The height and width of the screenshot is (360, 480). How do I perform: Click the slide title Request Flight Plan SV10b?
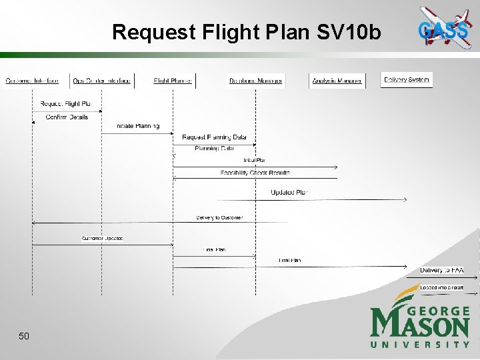[247, 31]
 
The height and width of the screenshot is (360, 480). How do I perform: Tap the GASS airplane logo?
[443, 27]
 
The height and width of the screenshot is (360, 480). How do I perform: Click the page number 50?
[24, 336]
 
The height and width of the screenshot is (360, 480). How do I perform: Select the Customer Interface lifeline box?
[32, 81]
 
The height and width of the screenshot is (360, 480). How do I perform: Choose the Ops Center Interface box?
[101, 81]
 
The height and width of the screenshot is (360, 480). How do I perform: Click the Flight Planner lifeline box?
[173, 81]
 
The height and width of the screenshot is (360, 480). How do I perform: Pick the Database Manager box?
[255, 81]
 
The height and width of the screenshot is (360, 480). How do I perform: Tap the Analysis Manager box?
[337, 81]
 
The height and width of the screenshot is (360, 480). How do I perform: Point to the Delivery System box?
[407, 79]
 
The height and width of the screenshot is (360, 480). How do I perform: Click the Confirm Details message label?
[67, 117]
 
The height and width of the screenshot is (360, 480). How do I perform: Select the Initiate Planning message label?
[138, 125]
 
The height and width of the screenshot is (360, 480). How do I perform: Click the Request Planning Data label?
[214, 137]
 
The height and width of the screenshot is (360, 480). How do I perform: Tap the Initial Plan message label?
[254, 160]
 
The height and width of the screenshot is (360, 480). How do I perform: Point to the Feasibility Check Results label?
[255, 173]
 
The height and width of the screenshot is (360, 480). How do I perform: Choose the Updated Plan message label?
[289, 193]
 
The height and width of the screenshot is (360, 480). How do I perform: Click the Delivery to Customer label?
[219, 217]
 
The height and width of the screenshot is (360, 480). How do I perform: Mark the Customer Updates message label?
[103, 238]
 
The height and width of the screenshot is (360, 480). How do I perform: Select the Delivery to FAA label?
[441, 270]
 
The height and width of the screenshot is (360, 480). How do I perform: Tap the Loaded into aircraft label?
[441, 287]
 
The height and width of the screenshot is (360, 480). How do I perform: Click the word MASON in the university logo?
[420, 326]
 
